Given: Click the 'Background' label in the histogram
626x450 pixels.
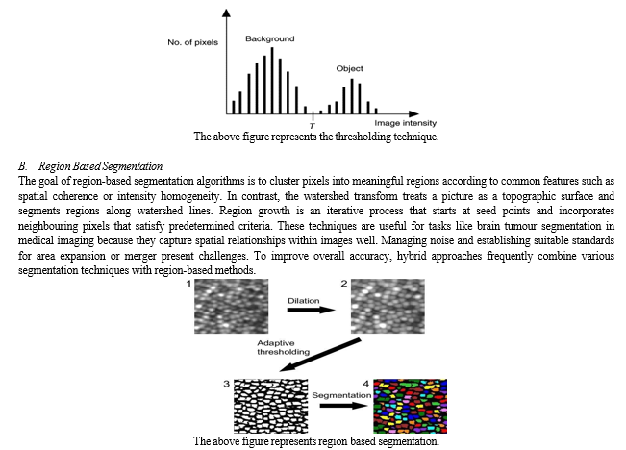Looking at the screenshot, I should (x=269, y=39).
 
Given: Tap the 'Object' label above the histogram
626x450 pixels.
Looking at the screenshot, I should (x=349, y=69).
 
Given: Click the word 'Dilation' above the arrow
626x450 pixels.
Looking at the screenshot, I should (x=305, y=301).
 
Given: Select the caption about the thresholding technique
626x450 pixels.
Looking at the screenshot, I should (x=315, y=137).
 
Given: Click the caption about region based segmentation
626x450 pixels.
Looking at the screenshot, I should (x=316, y=440).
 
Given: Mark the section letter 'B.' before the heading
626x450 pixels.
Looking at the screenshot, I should (x=22, y=167).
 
